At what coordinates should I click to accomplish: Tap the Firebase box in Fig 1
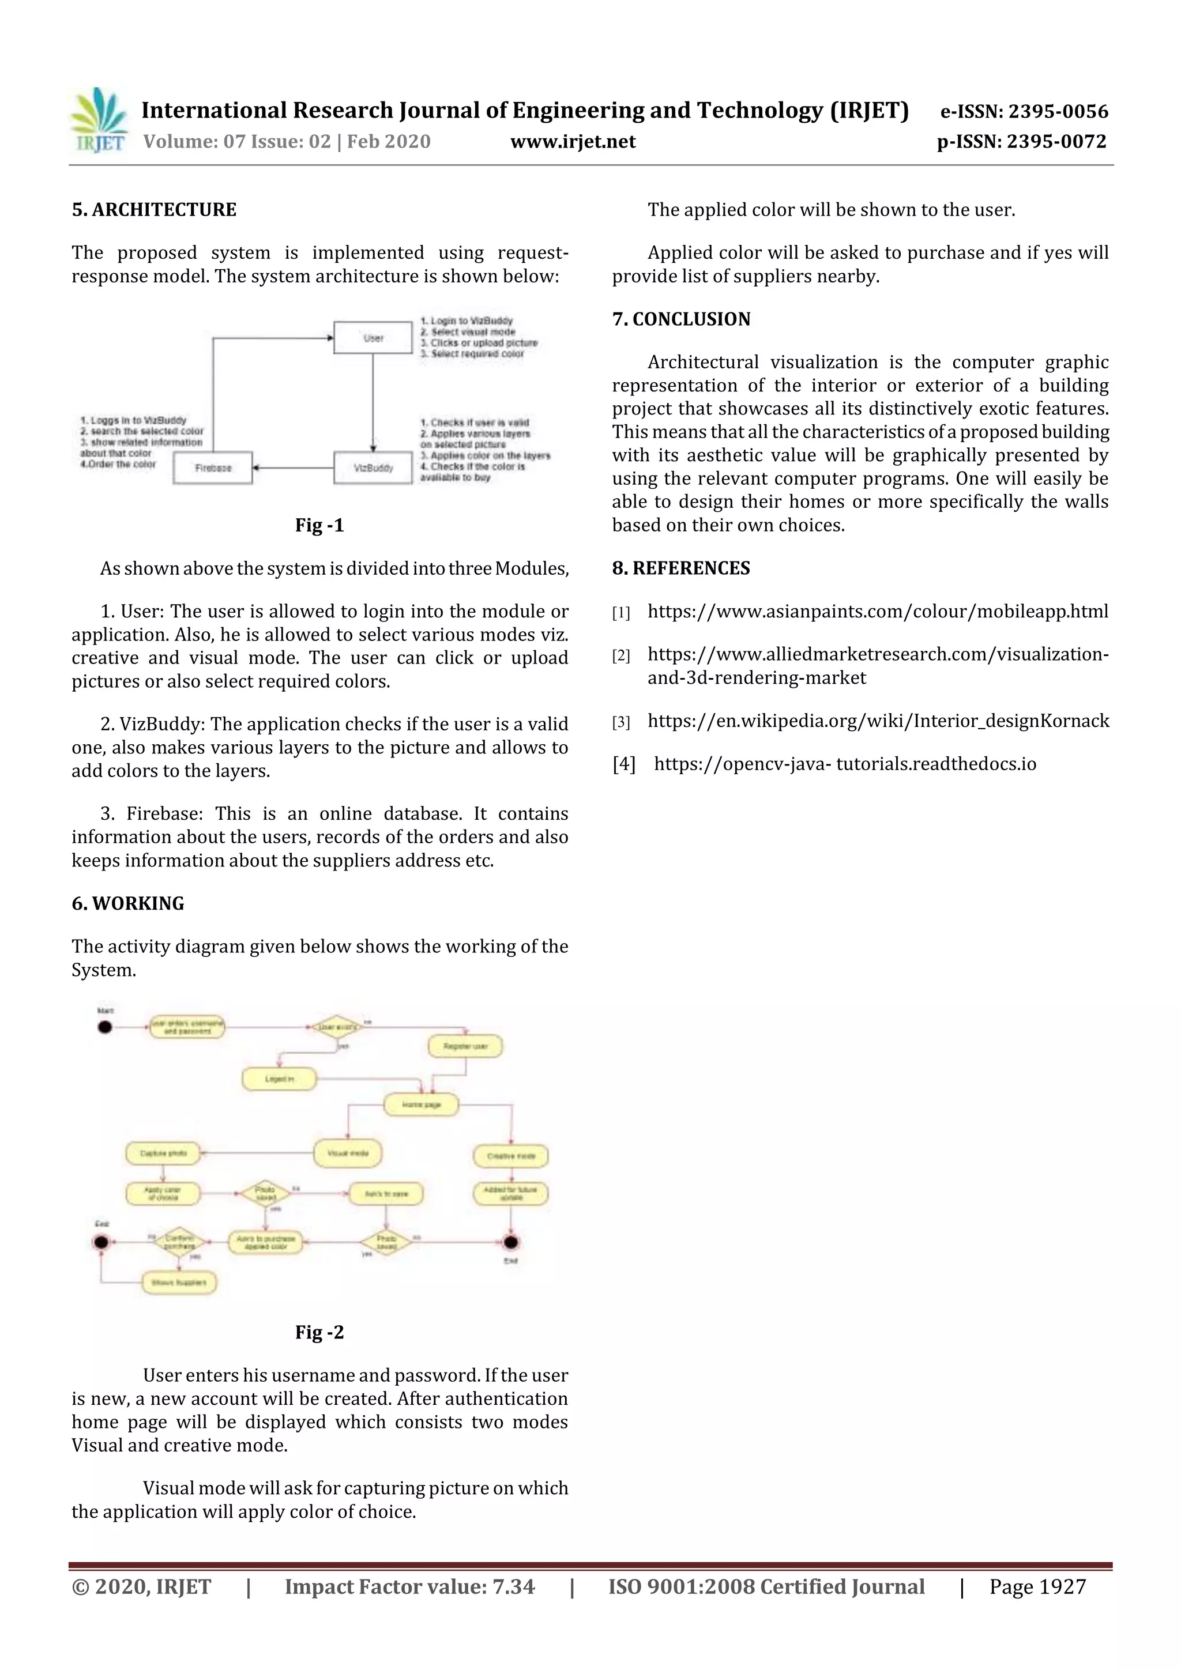(212, 468)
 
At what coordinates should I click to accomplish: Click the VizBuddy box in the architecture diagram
(373, 468)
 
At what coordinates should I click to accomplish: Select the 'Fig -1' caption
(319, 525)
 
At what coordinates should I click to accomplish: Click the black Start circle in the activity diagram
(105, 1027)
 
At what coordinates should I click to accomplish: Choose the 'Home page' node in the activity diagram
(422, 1104)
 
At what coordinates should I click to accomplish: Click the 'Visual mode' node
(348, 1153)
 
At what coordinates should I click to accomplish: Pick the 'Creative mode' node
(511, 1156)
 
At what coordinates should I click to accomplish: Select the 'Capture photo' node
(163, 1153)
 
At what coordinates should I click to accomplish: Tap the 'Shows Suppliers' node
(179, 1282)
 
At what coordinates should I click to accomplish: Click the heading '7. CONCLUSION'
(681, 319)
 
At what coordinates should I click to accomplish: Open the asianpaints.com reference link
(878, 612)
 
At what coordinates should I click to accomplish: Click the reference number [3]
(620, 722)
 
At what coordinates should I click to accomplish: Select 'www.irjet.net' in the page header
(573, 142)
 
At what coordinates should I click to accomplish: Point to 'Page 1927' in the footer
(1037, 1587)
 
